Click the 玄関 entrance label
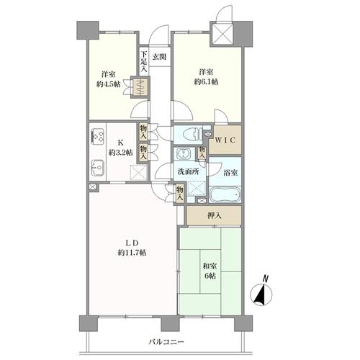pyautogui.click(x=160, y=57)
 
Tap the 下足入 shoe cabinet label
pyautogui.click(x=144, y=61)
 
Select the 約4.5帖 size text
pyautogui.click(x=109, y=84)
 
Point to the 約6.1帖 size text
pyautogui.click(x=206, y=82)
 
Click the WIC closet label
pyautogui.click(x=225, y=140)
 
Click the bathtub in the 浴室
pyautogui.click(x=225, y=194)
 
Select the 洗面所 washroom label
pyautogui.click(x=188, y=171)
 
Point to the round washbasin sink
pyautogui.click(x=184, y=153)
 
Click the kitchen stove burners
pyautogui.click(x=98, y=136)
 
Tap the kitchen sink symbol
pyautogui.click(x=98, y=168)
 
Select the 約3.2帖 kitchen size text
pyautogui.click(x=120, y=153)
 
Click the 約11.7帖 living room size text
pyautogui.click(x=132, y=253)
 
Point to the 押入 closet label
pyautogui.click(x=215, y=216)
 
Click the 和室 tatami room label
pyautogui.click(x=210, y=266)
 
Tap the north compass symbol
pyautogui.click(x=261, y=294)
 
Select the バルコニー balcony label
pyautogui.click(x=166, y=341)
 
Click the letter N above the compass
pyautogui.click(x=265, y=279)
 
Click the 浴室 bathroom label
pyautogui.click(x=230, y=173)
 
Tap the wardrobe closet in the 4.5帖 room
pyautogui.click(x=140, y=87)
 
